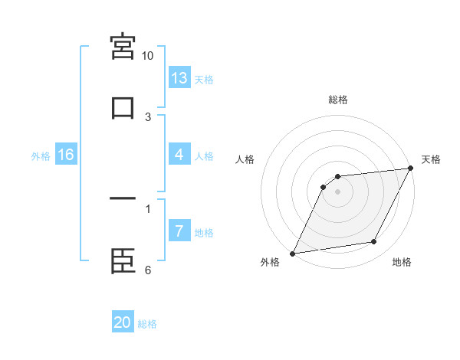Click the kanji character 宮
click(x=123, y=47)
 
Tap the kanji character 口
click(x=123, y=107)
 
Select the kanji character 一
click(x=123, y=199)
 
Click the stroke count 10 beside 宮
click(x=148, y=56)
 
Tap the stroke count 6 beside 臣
click(x=148, y=270)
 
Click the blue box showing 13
click(x=179, y=78)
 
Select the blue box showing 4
click(x=179, y=155)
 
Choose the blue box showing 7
click(x=179, y=231)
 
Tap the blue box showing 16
click(x=66, y=155)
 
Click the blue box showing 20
click(x=123, y=322)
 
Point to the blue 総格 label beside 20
click(x=147, y=324)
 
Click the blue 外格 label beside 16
click(x=41, y=156)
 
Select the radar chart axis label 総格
click(x=338, y=100)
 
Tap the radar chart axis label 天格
click(x=431, y=159)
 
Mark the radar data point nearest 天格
click(x=411, y=169)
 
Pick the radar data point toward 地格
click(x=374, y=242)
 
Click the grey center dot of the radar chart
click(x=338, y=191)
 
